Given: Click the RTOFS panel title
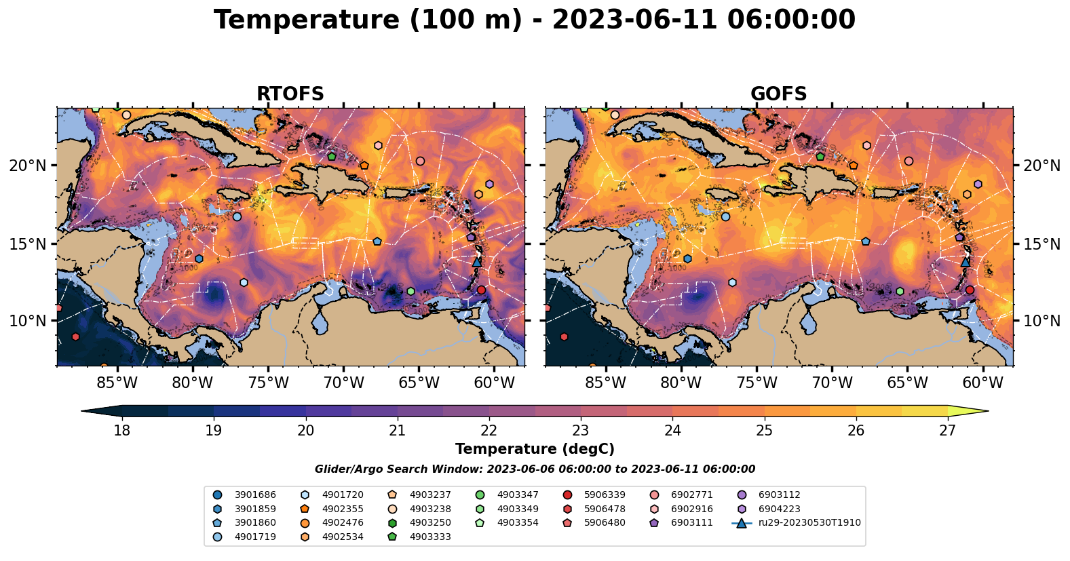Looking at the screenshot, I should pos(290,94).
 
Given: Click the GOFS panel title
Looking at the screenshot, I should pos(778,94).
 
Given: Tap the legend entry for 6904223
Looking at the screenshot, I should pos(779,509).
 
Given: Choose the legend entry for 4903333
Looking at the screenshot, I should pos(429,537).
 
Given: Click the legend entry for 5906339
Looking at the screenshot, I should pos(605,495).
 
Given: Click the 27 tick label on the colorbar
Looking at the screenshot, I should pos(948,431).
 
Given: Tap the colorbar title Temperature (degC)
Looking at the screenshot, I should pos(535,449).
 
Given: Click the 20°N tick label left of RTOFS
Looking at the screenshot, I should pos(28,166).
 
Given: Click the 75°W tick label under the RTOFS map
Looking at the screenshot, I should pos(268,383).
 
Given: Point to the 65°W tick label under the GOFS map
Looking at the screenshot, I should pos(907,383).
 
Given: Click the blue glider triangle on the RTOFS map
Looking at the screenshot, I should pos(477,261).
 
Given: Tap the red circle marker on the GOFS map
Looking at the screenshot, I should pos(970,290).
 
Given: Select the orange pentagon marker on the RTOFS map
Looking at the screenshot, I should pos(364,166).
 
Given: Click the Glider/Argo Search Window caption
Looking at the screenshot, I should pos(535,469).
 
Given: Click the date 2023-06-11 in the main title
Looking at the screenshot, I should pos(634,20).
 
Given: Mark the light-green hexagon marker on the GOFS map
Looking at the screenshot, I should pos(900,291).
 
